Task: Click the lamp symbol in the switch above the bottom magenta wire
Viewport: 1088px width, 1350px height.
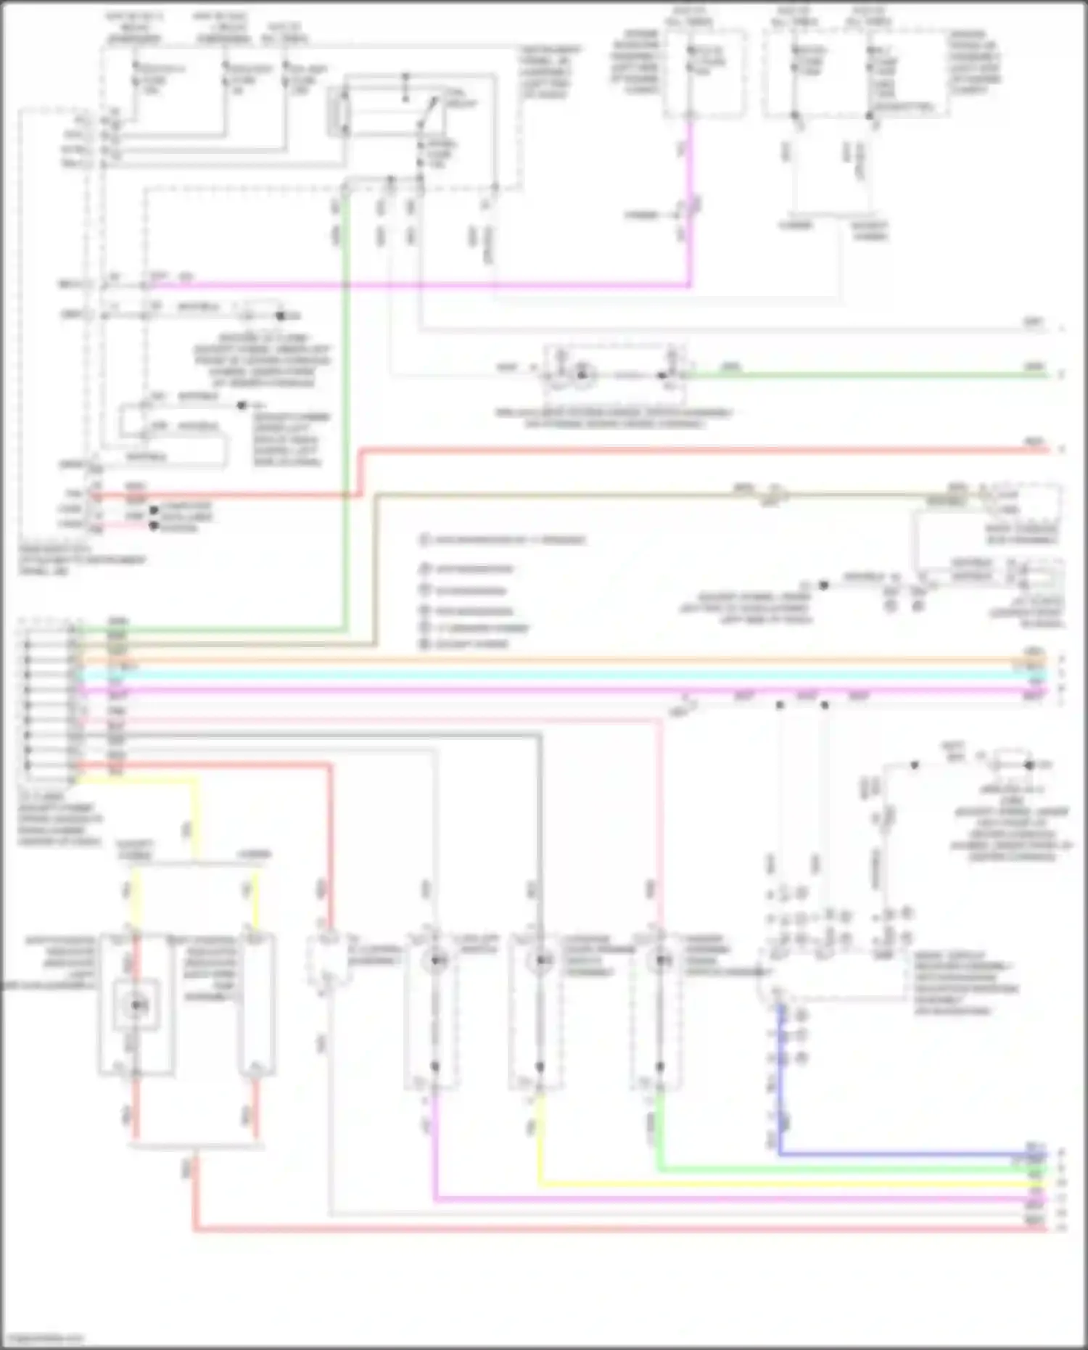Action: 435,961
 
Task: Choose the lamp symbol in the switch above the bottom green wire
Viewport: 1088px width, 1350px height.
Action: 659,961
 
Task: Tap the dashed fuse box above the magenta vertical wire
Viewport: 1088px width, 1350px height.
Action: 704,73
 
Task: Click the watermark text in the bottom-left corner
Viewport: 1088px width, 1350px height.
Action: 44,1338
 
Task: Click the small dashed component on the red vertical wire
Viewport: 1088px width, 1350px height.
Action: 328,961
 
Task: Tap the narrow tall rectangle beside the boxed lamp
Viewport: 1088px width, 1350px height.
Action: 257,1005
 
